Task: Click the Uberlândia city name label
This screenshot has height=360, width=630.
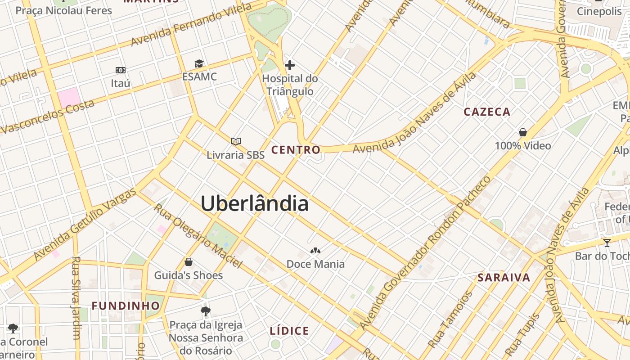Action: pyautogui.click(x=255, y=204)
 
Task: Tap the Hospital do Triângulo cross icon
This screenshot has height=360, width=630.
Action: pyautogui.click(x=290, y=65)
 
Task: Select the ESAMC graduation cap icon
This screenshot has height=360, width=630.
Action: pyautogui.click(x=199, y=64)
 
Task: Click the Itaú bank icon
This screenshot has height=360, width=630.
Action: pyautogui.click(x=120, y=70)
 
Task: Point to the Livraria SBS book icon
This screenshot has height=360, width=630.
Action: pyautogui.click(x=236, y=142)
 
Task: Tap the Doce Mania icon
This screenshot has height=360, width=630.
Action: pyautogui.click(x=315, y=251)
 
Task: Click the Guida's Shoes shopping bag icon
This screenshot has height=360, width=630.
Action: pyautogui.click(x=189, y=262)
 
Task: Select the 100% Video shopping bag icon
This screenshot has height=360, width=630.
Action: pyautogui.click(x=523, y=132)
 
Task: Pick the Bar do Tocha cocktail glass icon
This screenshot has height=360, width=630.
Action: pyautogui.click(x=607, y=243)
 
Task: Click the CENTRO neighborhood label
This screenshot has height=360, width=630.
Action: pyautogui.click(x=296, y=150)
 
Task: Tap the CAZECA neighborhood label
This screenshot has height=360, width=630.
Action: pyautogui.click(x=487, y=112)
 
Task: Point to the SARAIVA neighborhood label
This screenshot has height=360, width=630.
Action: pyautogui.click(x=504, y=278)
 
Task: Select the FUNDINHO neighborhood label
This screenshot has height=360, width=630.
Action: pyautogui.click(x=126, y=306)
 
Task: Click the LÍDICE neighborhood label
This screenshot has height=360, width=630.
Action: pyautogui.click(x=289, y=331)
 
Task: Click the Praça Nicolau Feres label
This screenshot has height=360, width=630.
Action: pyautogui.click(x=63, y=10)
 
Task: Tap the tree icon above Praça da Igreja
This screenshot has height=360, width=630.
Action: pyautogui.click(x=206, y=311)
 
